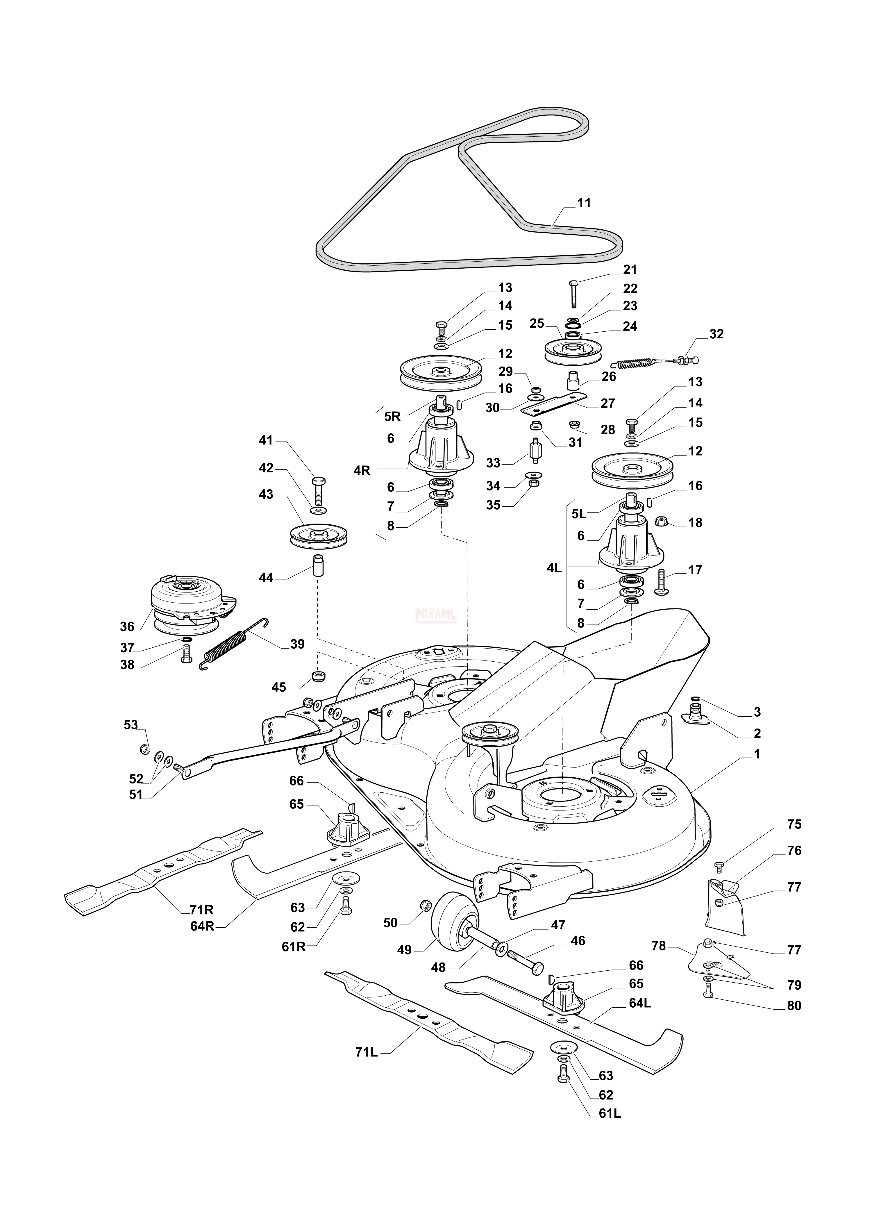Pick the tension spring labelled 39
pos(234,644)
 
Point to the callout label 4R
pos(362,470)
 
